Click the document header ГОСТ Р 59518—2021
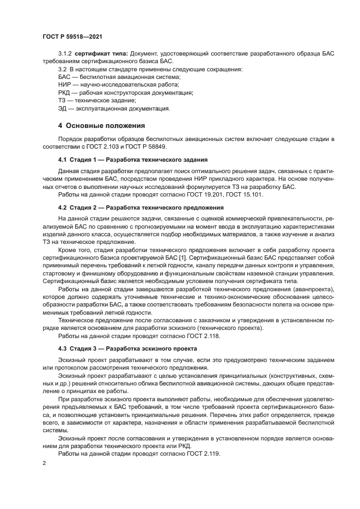(x=72, y=36)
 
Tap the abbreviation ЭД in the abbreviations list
(x=63, y=108)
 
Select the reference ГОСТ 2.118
(x=205, y=336)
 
